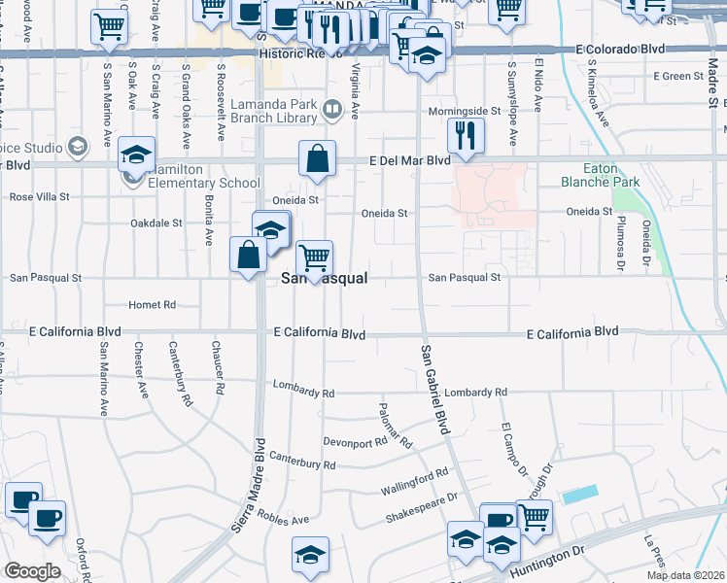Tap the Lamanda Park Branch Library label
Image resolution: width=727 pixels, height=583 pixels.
pos(275,110)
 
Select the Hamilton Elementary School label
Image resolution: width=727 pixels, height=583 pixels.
pos(203,176)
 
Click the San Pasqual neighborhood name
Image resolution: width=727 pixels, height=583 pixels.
pos(324,278)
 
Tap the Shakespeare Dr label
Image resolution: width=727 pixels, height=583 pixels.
pos(421,505)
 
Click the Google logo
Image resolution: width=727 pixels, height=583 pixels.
pos(32,571)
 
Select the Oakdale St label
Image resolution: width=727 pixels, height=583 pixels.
pos(156,223)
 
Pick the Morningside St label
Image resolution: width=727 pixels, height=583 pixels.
pos(469,111)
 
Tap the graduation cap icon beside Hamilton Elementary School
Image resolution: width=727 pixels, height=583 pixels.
pos(137,154)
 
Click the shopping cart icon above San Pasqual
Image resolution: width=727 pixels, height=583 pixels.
pos(314,258)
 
